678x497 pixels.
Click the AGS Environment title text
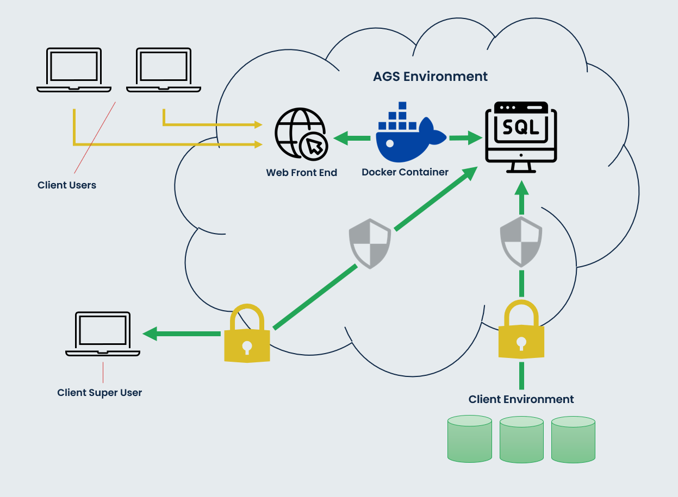430,77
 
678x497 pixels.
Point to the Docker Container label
405,172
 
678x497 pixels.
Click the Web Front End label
301,173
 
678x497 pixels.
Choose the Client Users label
67,185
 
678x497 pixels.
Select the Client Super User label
99,393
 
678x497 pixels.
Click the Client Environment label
521,399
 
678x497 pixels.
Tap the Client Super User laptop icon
103,334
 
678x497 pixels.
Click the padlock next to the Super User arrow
247,335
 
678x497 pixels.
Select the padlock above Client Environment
521,331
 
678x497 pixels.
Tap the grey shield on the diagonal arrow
370,243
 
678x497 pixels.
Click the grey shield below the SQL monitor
521,241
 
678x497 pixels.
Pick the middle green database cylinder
521,439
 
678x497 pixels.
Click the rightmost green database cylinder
573,439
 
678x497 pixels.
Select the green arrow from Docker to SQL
465,138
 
